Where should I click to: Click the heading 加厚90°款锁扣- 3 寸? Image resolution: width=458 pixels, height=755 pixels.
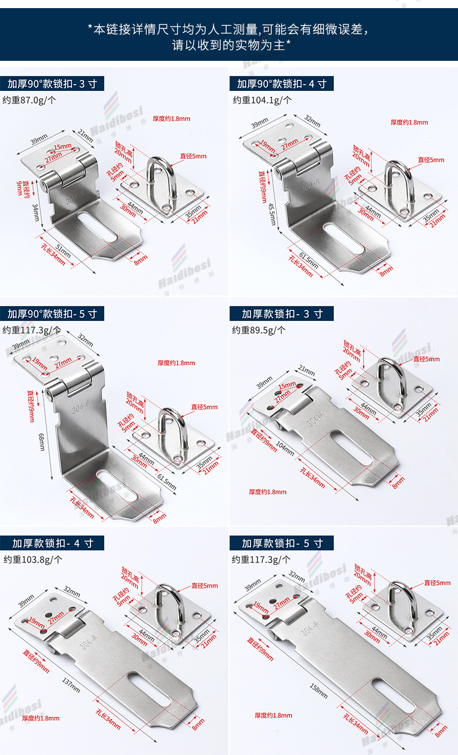click(x=52, y=84)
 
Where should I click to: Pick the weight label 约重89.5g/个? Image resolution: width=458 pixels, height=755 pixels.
click(x=259, y=330)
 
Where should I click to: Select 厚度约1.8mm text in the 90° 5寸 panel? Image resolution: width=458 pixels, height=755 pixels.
click(x=176, y=363)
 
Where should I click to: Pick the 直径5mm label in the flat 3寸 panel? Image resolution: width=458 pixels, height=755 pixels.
click(x=426, y=359)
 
